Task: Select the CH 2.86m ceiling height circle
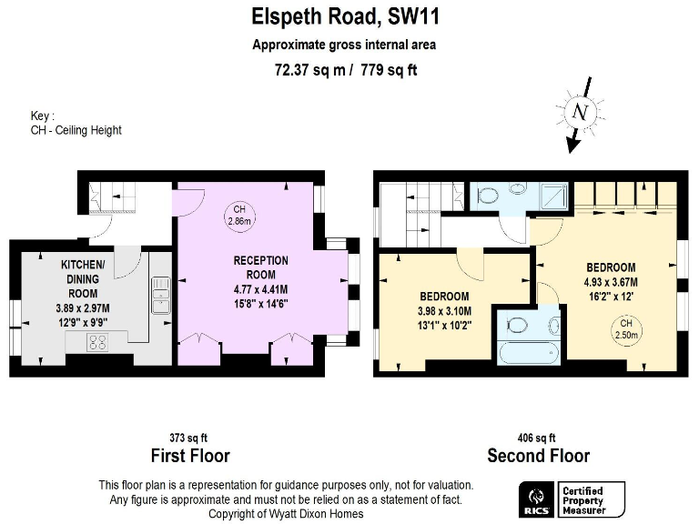(x=239, y=214)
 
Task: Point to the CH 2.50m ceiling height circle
(x=625, y=328)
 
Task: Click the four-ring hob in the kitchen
(x=97, y=342)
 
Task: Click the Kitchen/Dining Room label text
(x=83, y=277)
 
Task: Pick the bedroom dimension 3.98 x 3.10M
(x=444, y=311)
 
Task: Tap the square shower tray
(x=554, y=195)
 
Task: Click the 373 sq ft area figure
(x=189, y=438)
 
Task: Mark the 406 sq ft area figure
(x=537, y=438)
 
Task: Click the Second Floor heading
(x=538, y=456)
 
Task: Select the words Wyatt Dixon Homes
(x=320, y=514)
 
